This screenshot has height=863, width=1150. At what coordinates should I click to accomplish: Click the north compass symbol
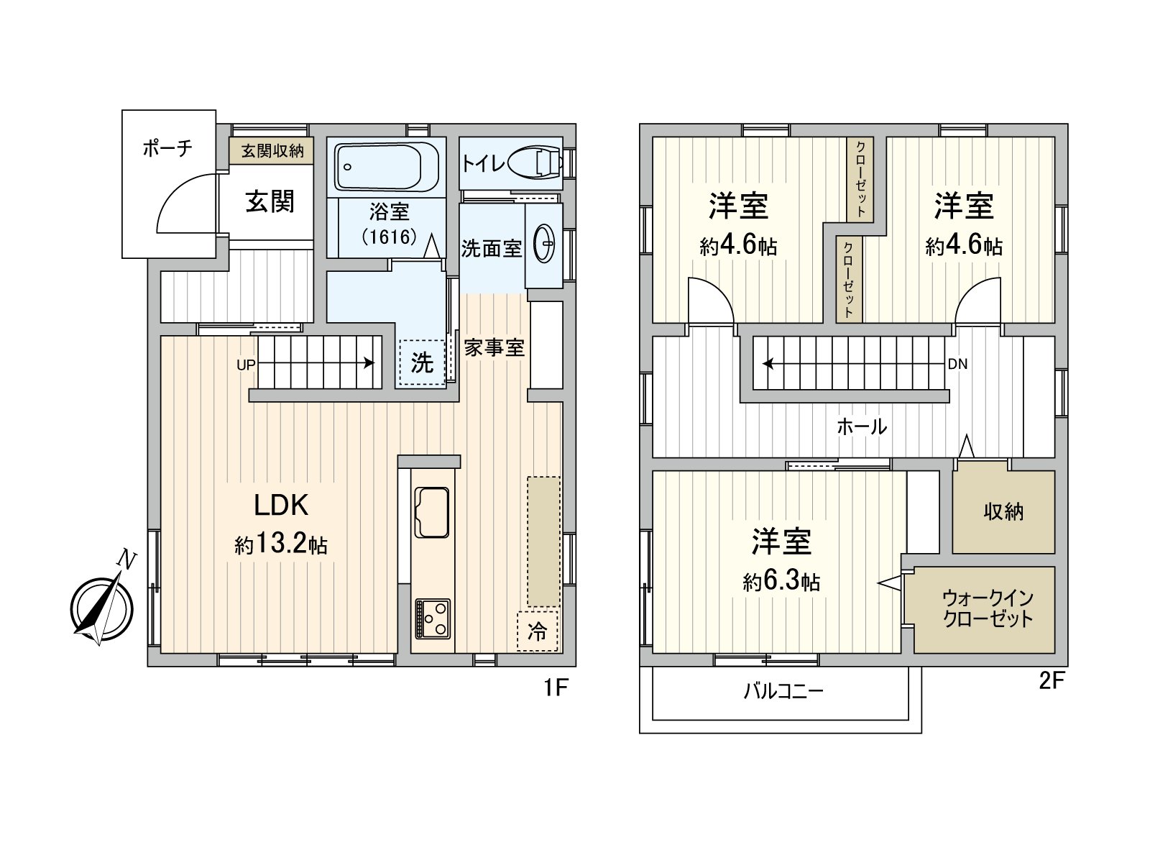pyautogui.click(x=102, y=608)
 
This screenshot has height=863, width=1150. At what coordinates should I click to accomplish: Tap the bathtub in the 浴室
pyautogui.click(x=387, y=167)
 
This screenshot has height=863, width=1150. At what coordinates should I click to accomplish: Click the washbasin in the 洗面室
pyautogui.click(x=544, y=245)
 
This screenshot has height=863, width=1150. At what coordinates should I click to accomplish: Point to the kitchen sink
pyautogui.click(x=431, y=512)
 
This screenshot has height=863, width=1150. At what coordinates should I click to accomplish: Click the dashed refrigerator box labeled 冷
pyautogui.click(x=537, y=631)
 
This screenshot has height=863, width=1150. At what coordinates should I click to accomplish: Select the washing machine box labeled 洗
pyautogui.click(x=422, y=362)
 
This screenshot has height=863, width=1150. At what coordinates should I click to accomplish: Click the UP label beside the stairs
pyautogui.click(x=246, y=365)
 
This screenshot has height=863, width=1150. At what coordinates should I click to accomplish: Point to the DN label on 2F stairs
pyautogui.click(x=957, y=364)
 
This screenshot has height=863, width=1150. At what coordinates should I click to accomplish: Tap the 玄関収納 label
pyautogui.click(x=272, y=151)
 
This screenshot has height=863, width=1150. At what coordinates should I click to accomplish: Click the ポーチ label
pyautogui.click(x=167, y=148)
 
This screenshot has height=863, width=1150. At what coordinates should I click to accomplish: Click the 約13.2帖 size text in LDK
pyautogui.click(x=281, y=544)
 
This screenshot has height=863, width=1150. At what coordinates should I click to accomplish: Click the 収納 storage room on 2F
pyautogui.click(x=1003, y=511)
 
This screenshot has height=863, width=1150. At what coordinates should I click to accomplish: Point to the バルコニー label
pyautogui.click(x=783, y=692)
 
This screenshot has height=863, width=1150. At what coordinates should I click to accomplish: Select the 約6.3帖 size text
pyautogui.click(x=781, y=581)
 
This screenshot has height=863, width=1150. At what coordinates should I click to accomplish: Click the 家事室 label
pyautogui.click(x=494, y=348)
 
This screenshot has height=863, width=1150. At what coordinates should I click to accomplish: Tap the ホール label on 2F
pyautogui.click(x=861, y=426)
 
